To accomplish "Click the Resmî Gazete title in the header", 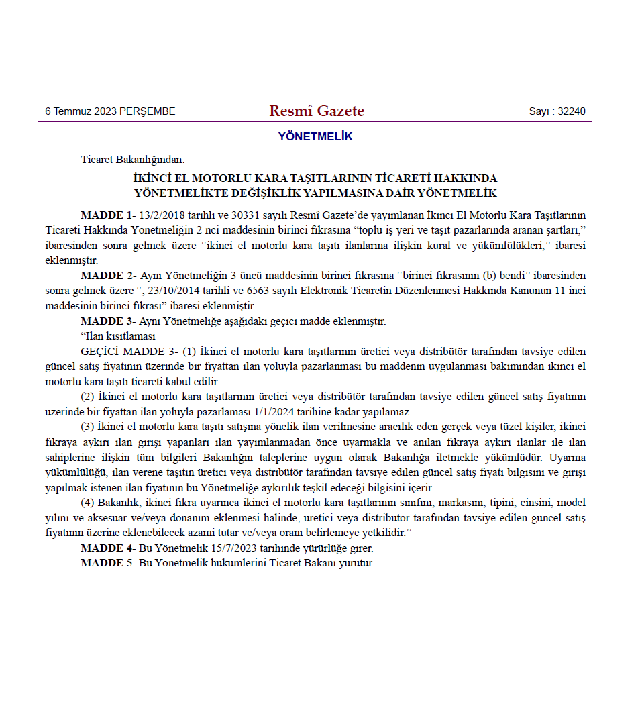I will pyautogui.click(x=317, y=111).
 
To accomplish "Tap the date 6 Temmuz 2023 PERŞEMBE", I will pyautogui.click(x=110, y=111).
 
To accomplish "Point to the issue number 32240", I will pyautogui.click(x=572, y=111).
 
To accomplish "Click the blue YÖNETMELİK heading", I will pyautogui.click(x=315, y=137).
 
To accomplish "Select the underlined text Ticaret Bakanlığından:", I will pyautogui.click(x=133, y=160).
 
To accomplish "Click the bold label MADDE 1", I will pyautogui.click(x=106, y=215).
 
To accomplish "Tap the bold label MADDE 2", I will pyautogui.click(x=106, y=276).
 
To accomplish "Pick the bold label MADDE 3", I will pyautogui.click(x=106, y=321).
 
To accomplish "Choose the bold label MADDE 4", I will pyautogui.click(x=106, y=548).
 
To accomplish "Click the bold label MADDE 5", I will pyautogui.click(x=106, y=563).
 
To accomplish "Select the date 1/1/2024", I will pyautogui.click(x=275, y=412).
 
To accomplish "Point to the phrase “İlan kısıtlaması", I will pyautogui.click(x=118, y=336).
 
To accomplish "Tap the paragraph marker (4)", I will pyautogui.click(x=88, y=503).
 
